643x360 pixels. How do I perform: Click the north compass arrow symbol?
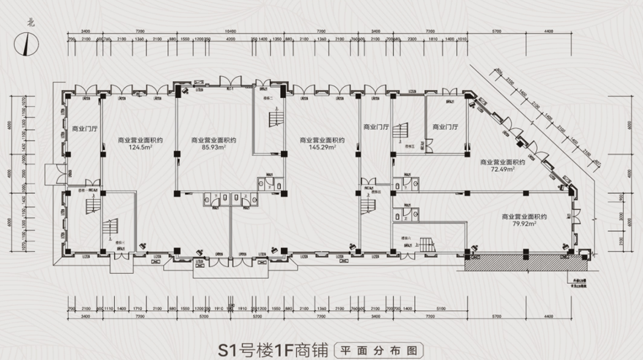pos(26,46)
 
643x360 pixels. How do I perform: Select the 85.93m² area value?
pos(212,147)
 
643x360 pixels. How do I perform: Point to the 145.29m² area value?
pos(322,147)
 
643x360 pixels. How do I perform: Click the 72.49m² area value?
pos(504,169)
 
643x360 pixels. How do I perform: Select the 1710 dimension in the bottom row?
pos(140,309)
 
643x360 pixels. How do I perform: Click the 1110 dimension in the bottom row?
pos(108,309)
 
